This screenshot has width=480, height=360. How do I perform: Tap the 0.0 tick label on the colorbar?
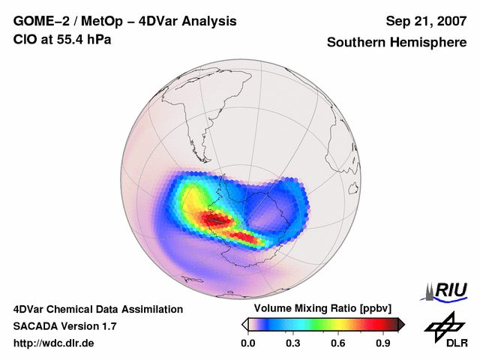pos(247,343)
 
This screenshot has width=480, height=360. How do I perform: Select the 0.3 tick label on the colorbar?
pos(293,343)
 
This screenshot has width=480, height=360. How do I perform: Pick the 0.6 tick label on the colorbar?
pos(339,343)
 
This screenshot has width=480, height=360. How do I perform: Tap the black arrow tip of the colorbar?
pos(401,324)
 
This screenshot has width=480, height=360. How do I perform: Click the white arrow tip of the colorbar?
pos(244,324)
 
